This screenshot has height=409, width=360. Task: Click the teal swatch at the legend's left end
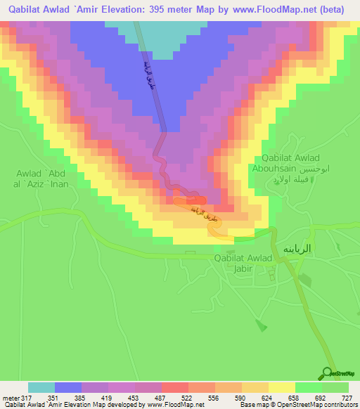[x=41, y=387]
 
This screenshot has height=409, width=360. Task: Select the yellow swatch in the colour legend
[x=281, y=387]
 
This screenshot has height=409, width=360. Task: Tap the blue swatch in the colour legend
[x=68, y=387]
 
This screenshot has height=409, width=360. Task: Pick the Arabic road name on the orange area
[x=205, y=216]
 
